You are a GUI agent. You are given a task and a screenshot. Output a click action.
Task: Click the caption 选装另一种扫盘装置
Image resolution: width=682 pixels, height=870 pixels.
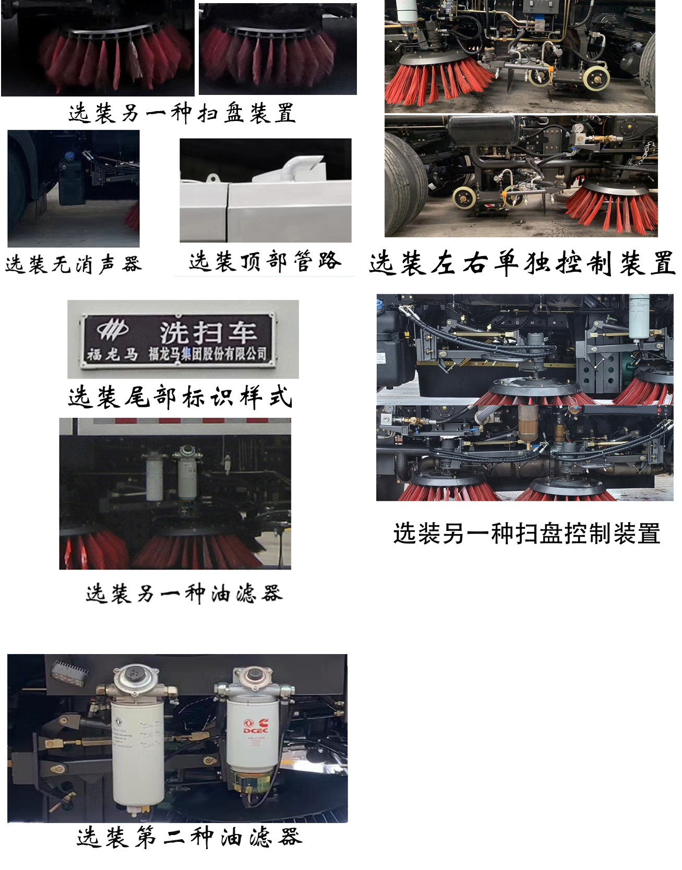point(182,113)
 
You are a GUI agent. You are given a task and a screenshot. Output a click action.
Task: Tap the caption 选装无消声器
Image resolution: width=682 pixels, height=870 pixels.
point(74,264)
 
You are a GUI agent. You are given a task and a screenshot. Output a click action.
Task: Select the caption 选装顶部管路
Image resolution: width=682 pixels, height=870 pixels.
point(265,261)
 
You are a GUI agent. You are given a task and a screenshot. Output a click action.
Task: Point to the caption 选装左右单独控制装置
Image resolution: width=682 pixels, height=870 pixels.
point(522,262)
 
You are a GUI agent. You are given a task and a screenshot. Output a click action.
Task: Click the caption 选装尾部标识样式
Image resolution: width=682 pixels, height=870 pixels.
point(180,397)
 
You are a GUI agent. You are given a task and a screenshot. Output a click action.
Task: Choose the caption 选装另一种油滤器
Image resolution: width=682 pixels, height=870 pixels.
point(184,593)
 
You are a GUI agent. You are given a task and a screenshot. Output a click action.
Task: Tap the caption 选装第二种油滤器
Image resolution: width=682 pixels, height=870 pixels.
point(189,837)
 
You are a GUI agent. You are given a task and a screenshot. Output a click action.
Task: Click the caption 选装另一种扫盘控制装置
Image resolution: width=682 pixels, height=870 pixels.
point(527,534)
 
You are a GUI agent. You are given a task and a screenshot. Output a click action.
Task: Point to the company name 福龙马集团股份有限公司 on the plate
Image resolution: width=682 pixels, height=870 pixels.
point(208,354)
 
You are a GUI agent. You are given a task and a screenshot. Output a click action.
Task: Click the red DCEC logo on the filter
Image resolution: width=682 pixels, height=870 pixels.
point(255,727)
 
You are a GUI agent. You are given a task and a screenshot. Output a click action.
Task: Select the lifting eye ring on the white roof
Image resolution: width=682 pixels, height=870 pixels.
point(212,179)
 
